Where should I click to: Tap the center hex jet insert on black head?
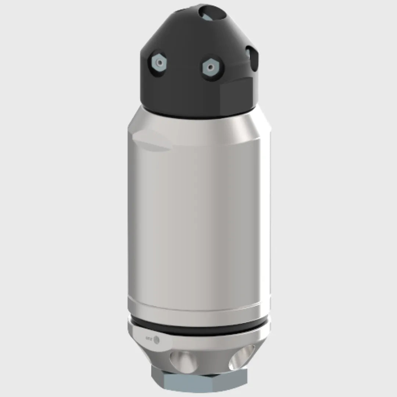coord(210,67)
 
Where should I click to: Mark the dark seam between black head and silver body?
coord(198,115)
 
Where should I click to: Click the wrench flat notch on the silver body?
coord(151,142)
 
